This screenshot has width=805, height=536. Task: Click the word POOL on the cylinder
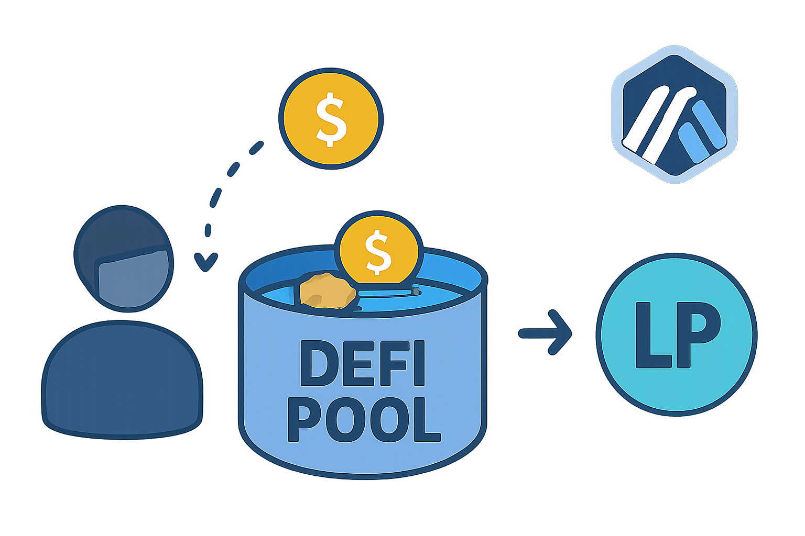click(364, 419)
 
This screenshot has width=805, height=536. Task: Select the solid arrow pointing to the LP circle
click(545, 333)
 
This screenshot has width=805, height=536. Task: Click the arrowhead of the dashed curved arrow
click(205, 262)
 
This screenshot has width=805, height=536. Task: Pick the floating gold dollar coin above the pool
click(331, 118)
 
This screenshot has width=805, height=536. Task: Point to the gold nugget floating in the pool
click(326, 291)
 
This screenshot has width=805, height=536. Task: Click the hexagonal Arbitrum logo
click(675, 115)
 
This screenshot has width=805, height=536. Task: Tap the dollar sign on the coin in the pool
click(378, 253)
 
